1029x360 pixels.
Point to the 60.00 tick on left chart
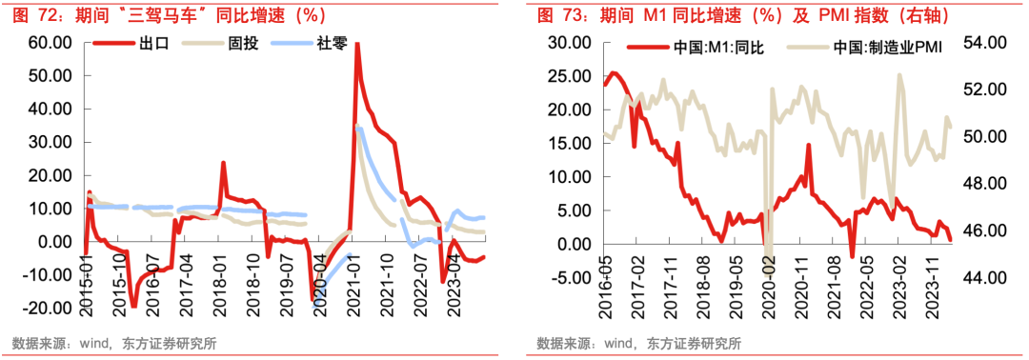pos(50,43)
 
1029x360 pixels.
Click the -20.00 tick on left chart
pos(48,308)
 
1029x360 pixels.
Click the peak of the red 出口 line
pos(356,44)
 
